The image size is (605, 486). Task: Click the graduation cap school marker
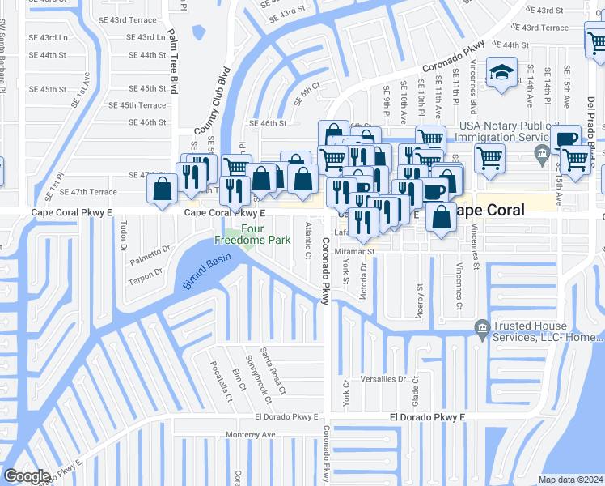[x=502, y=74]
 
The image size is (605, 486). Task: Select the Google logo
[x=26, y=476]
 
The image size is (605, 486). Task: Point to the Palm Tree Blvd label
[x=172, y=62]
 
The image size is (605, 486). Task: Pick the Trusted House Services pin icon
[x=482, y=326]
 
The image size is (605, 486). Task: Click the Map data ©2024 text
[x=571, y=480]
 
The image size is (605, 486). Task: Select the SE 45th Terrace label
[x=143, y=105]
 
